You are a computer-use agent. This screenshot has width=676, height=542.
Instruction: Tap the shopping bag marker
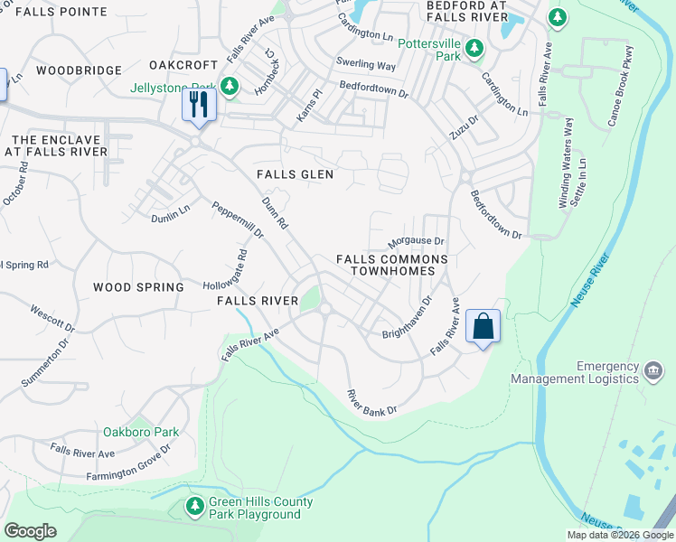click(483, 326)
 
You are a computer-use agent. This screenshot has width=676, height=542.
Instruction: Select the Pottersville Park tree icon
click(471, 56)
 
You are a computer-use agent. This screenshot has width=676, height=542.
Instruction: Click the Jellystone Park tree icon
click(230, 87)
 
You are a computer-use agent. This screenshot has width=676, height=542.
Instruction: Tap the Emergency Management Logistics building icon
click(652, 371)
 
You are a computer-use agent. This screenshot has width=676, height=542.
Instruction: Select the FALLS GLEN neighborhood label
click(295, 174)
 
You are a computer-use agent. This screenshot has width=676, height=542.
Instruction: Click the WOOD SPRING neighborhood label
click(138, 286)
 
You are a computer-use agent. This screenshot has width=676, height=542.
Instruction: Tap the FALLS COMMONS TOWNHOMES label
click(391, 265)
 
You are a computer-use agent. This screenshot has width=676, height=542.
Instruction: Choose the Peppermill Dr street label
click(237, 220)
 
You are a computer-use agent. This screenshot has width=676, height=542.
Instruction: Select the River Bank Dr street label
click(372, 403)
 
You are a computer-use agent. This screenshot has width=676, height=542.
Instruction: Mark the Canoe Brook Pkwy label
click(615, 96)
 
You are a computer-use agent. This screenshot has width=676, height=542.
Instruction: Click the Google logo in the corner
click(30, 531)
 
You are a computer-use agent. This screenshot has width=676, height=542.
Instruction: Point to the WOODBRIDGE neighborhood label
click(80, 70)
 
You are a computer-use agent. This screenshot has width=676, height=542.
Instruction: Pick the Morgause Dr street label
click(416, 242)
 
